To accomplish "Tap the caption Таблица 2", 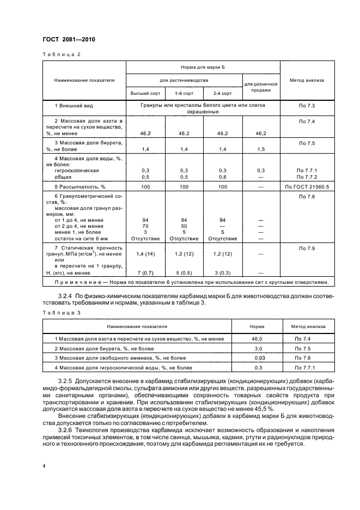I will tap(61, 54).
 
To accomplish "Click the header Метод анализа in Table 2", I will tap(307, 80).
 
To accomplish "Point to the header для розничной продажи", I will tap(261, 87).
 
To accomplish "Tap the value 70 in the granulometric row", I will tap(145, 225).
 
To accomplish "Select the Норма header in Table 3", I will tap(257, 326).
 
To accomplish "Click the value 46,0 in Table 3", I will tap(257, 339).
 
